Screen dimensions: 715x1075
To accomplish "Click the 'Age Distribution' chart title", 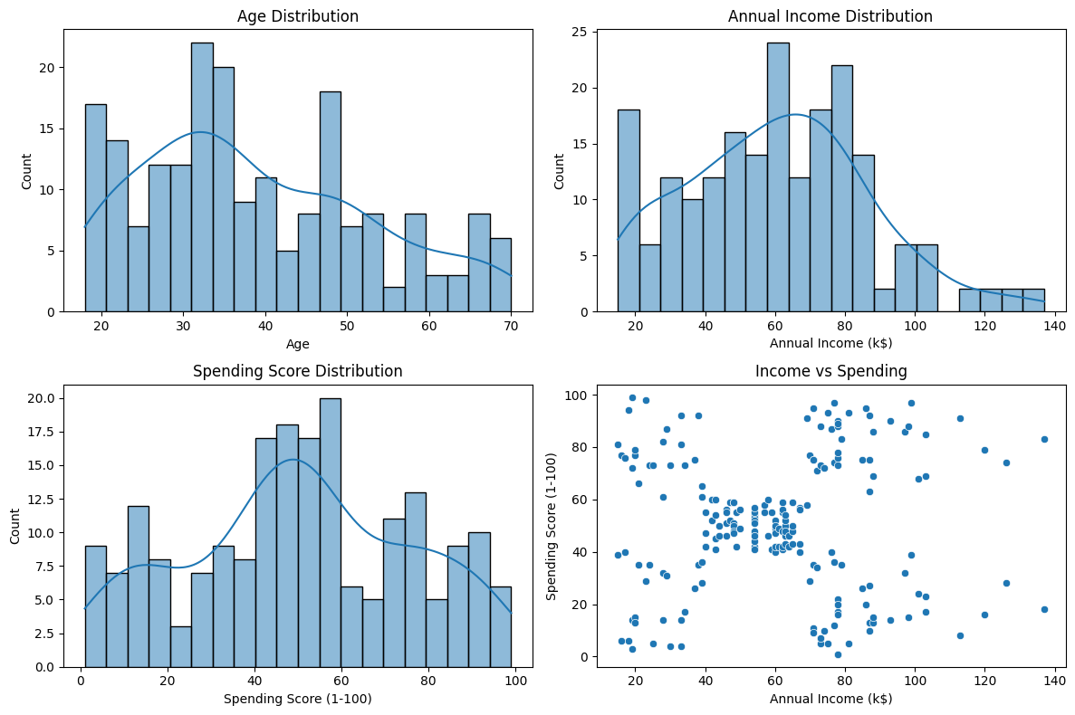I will tap(298, 16).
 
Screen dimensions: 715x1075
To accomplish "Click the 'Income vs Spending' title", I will tap(831, 371).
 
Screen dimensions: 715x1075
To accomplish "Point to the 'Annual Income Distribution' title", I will tap(831, 16).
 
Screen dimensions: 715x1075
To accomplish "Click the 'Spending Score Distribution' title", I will tap(298, 371).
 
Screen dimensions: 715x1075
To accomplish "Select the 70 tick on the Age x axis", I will tap(512, 326).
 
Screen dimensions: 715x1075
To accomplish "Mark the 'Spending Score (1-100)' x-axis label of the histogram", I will tap(298, 699).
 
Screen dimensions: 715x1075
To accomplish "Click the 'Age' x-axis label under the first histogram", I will tap(298, 344).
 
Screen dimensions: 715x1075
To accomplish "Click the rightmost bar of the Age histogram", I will tap(501, 275).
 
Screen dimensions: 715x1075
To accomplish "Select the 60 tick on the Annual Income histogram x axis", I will tap(775, 326).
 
